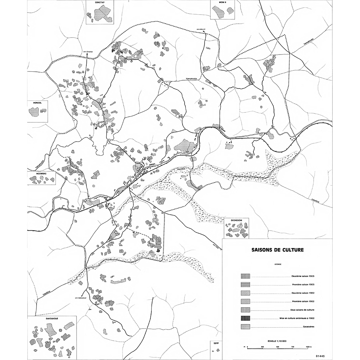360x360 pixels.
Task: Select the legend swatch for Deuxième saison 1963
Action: click(245, 276)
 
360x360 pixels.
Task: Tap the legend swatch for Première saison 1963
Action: click(245, 284)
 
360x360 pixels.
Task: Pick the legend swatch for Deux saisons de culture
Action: click(245, 310)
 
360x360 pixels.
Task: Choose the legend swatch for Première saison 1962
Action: click(245, 301)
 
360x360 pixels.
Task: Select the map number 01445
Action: click(320, 356)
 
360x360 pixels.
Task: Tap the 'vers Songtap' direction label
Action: click(87, 51)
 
